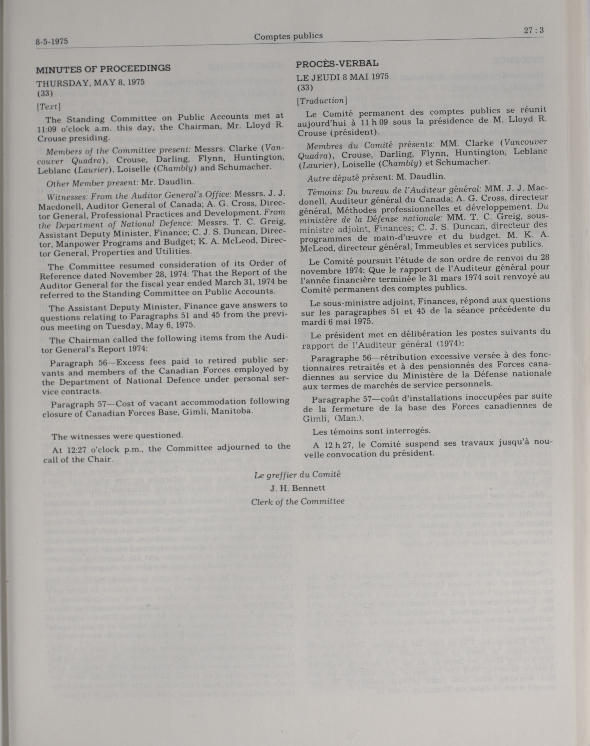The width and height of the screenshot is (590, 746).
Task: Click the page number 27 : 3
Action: (534, 30)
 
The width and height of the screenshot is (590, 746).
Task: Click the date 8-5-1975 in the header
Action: (52, 42)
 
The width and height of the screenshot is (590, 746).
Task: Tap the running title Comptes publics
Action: (288, 36)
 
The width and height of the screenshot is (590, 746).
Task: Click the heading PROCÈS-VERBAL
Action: (337, 63)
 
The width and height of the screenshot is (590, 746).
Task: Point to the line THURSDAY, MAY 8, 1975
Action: (90, 83)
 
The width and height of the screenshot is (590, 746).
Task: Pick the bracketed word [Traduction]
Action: (322, 100)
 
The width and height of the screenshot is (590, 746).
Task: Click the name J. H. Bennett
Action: (298, 488)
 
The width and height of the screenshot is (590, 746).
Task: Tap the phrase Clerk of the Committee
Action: (298, 501)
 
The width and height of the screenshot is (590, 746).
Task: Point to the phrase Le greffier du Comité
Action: (298, 475)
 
